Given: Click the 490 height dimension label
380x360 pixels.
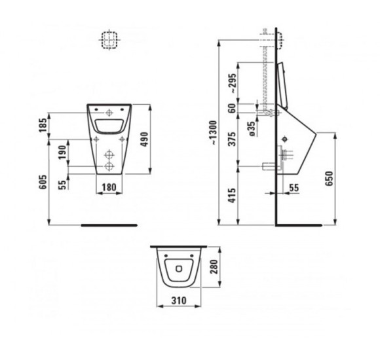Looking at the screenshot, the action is click(x=144, y=139).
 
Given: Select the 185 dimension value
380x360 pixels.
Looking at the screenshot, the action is click(x=43, y=125).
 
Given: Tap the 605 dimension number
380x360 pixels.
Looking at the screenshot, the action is click(x=43, y=182).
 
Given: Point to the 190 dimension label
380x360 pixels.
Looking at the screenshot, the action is click(x=62, y=153).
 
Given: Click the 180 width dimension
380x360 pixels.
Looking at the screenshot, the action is click(x=109, y=187).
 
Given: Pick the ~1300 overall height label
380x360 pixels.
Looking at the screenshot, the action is click(x=214, y=133).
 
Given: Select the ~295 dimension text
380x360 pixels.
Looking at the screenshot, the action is click(x=232, y=83).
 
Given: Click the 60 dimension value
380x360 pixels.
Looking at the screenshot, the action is click(x=232, y=108).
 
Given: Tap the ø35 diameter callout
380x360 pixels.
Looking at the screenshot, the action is click(x=252, y=129).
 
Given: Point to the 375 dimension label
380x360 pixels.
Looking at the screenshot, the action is click(x=232, y=139).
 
